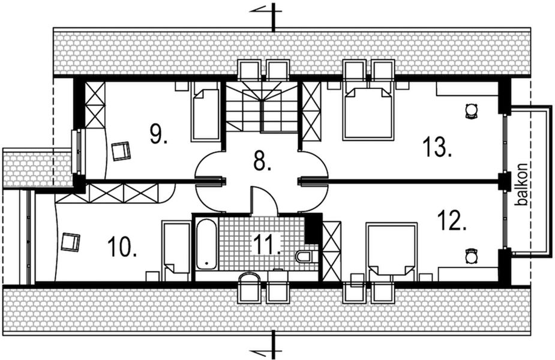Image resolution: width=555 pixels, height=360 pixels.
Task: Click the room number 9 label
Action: (x=158, y=134)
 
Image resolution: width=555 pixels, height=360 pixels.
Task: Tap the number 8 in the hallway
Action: (x=262, y=161)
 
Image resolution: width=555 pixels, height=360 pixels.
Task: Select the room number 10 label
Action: (x=122, y=246)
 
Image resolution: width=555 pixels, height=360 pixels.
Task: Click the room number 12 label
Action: (x=452, y=221)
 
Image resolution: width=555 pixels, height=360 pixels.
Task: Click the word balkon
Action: (x=523, y=184)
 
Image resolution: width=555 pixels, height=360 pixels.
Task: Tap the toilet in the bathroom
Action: (x=305, y=257)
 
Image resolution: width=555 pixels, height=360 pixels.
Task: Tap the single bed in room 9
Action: (x=205, y=113)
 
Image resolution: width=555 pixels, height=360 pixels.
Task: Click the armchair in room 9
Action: (x=121, y=150)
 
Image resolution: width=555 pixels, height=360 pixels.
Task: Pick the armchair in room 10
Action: (x=71, y=242)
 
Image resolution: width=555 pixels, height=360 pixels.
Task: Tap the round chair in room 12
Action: (x=471, y=256)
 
